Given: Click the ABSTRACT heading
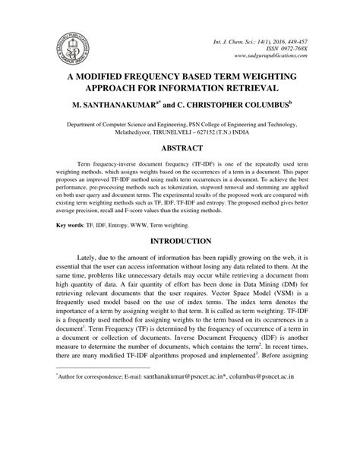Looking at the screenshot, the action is (x=179, y=147).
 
